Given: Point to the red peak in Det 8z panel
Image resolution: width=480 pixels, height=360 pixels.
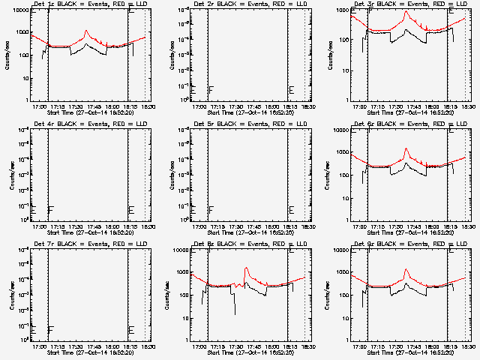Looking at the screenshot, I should coord(246,268).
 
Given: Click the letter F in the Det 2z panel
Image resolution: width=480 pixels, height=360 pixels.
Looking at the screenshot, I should coord(211,90).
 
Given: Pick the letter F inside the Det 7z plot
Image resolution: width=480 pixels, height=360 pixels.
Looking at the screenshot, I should coord(50,330).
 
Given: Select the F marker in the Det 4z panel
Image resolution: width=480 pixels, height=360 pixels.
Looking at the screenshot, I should coord(50,210).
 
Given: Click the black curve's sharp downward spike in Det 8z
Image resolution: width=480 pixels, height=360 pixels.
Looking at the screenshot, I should coord(235,311).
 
